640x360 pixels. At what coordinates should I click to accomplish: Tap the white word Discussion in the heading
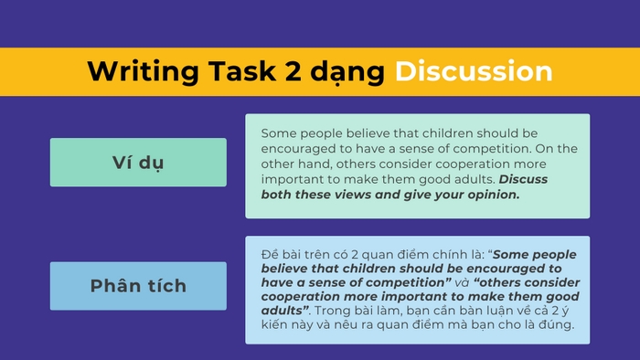click(474, 71)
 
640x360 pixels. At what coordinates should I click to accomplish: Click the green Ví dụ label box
click(138, 163)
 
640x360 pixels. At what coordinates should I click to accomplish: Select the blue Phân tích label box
click(138, 286)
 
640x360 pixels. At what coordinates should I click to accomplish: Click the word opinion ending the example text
click(488, 195)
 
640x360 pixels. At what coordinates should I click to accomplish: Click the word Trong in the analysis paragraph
click(336, 312)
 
